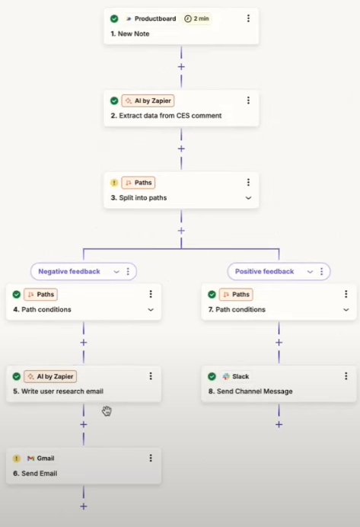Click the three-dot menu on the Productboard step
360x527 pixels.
(249, 18)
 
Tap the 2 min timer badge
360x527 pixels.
(197, 18)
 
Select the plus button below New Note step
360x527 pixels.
(181, 66)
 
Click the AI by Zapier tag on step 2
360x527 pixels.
(148, 101)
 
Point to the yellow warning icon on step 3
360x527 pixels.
(114, 183)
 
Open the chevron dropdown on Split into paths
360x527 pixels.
(249, 198)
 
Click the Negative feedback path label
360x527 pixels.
(69, 271)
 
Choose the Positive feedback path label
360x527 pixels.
(264, 271)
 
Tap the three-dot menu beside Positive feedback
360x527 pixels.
(322, 271)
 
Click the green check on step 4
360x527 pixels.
(17, 295)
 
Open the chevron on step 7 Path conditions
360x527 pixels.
(346, 309)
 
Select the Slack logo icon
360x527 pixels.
(226, 376)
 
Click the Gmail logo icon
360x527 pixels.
(31, 458)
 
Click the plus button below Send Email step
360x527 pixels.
(84, 506)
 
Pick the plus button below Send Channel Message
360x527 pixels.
(279, 424)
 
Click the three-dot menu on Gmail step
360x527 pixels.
(151, 458)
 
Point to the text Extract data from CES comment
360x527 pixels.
(170, 116)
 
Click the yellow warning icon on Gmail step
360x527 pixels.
(17, 458)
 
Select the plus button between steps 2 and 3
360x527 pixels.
(181, 149)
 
